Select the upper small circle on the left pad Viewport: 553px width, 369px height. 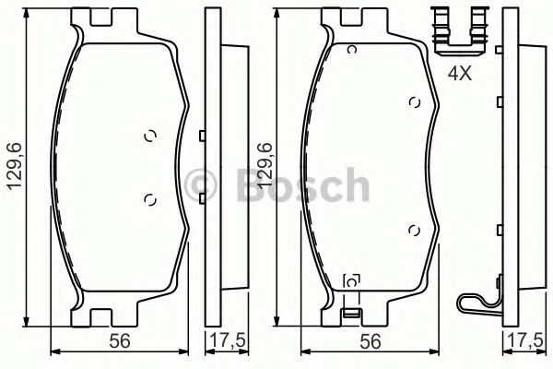point(151,137)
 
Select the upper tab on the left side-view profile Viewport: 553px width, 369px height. point(200,137)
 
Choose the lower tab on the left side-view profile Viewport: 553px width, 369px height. point(200,196)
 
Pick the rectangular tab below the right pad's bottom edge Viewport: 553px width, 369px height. point(349,315)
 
